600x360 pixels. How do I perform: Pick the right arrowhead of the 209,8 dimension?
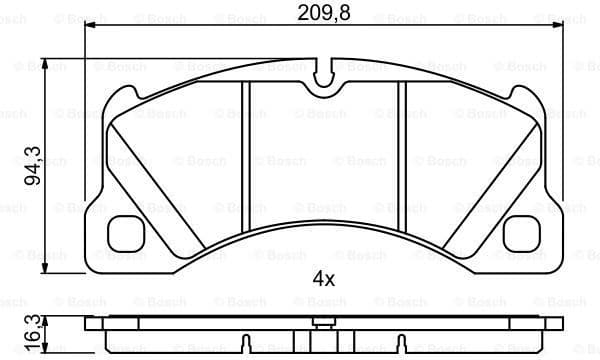pos(555,28)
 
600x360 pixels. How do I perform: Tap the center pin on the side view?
pos(321,323)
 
